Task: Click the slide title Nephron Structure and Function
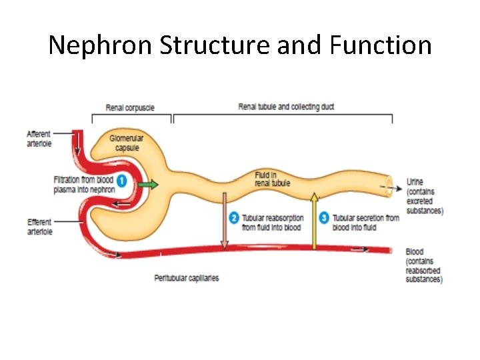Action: (x=240, y=45)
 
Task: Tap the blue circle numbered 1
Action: (x=122, y=181)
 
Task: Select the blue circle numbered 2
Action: (x=233, y=217)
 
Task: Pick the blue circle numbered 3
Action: (x=324, y=217)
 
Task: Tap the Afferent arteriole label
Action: (x=39, y=139)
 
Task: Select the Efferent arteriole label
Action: (x=39, y=227)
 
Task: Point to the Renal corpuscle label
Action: (x=131, y=108)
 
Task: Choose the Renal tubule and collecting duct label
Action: (x=286, y=107)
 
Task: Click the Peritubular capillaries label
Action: (x=187, y=277)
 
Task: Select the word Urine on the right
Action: (x=415, y=182)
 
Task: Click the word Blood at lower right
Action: (x=414, y=252)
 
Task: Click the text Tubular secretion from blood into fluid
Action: (x=365, y=222)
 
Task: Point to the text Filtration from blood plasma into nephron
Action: (x=84, y=185)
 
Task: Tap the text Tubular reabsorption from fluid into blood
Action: (x=272, y=222)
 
